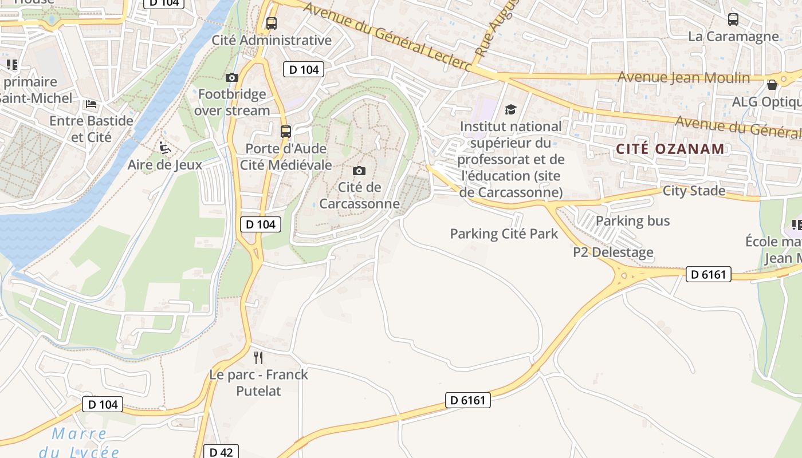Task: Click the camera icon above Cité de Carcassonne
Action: click(x=359, y=171)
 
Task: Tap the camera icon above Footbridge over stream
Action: click(x=232, y=77)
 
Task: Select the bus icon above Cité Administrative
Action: click(x=272, y=23)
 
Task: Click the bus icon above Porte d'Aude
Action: click(x=286, y=132)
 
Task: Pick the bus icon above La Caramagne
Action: click(x=733, y=19)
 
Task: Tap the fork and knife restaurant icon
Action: click(x=258, y=358)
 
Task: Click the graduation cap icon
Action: click(x=510, y=109)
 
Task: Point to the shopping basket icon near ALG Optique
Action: click(x=772, y=85)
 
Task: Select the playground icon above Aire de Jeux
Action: click(x=165, y=148)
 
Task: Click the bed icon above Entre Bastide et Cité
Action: click(x=91, y=104)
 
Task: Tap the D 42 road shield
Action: click(x=221, y=452)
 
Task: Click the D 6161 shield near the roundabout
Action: click(x=709, y=274)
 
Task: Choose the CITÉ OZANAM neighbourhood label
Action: click(x=670, y=149)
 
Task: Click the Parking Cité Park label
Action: click(x=504, y=234)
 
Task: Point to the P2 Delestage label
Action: click(x=613, y=252)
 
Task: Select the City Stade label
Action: click(x=694, y=191)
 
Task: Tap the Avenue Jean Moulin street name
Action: click(x=683, y=77)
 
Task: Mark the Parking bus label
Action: click(x=632, y=220)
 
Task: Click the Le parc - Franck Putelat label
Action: click(x=258, y=382)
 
